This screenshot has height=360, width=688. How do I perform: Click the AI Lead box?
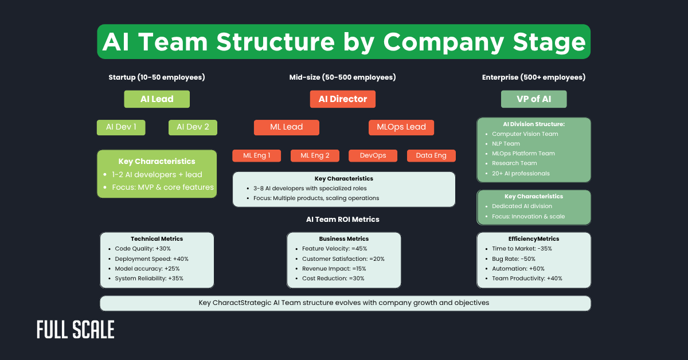[x=157, y=99]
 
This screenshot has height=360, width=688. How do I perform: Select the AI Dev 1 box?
[x=121, y=127]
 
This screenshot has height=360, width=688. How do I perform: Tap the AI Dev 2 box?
[x=193, y=127]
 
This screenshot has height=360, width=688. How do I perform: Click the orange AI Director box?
[x=342, y=99]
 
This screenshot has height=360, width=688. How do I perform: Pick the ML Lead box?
[x=286, y=127]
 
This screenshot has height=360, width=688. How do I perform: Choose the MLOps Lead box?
[x=401, y=127]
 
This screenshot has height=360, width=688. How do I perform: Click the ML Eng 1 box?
[x=256, y=155]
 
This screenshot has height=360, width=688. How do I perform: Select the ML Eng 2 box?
[x=315, y=155]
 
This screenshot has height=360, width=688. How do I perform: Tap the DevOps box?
[x=373, y=155]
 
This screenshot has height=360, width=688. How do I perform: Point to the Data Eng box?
[x=431, y=155]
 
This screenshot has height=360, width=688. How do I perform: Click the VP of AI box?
[x=533, y=99]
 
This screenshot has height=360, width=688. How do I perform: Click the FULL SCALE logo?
[x=75, y=330]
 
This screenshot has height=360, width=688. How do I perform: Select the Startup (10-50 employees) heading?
[x=157, y=77]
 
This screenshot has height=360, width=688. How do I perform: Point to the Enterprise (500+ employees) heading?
[x=533, y=77]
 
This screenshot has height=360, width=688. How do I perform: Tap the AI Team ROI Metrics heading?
[x=342, y=219]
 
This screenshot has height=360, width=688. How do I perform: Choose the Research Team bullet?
[x=514, y=163]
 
